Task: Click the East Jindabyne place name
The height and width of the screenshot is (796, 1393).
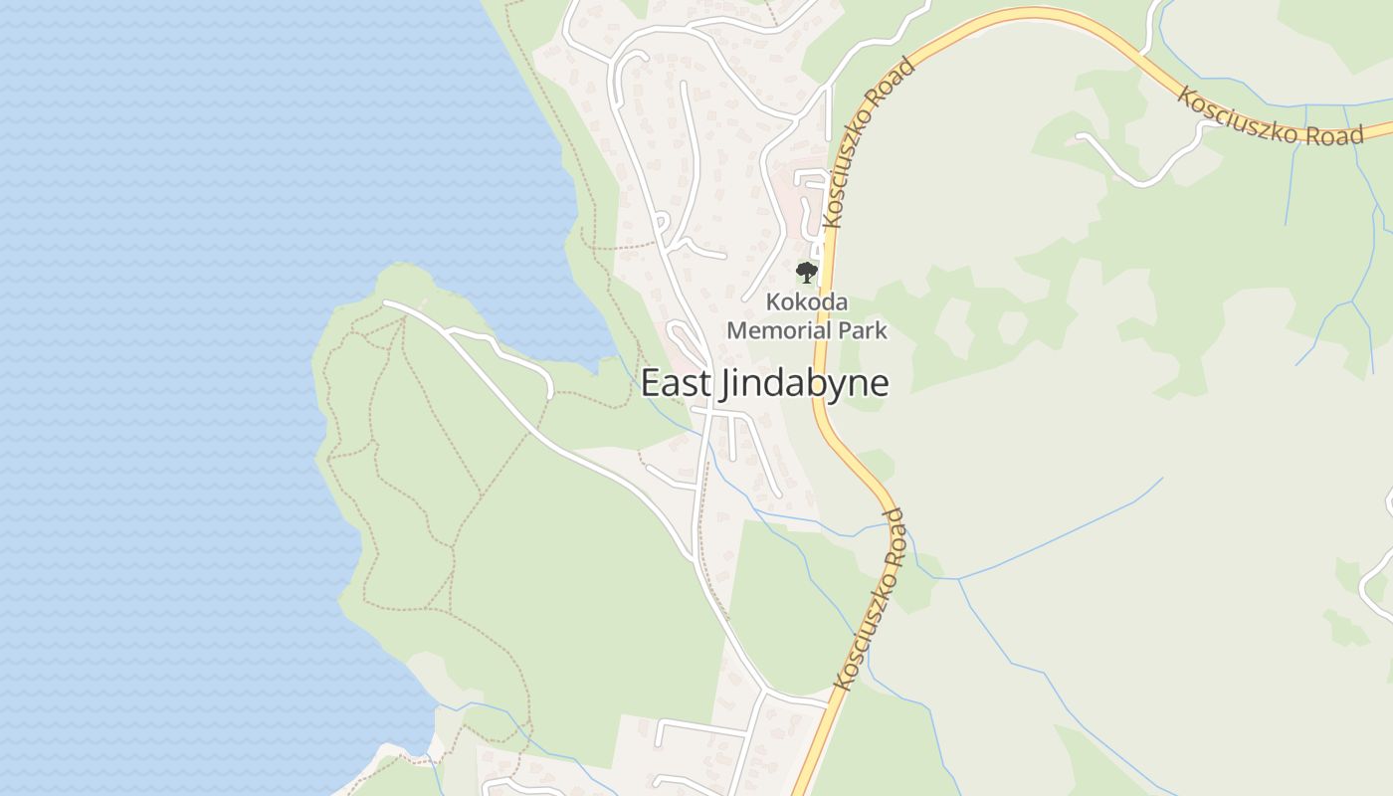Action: [x=764, y=383]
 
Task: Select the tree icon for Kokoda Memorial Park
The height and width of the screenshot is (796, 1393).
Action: [x=806, y=272]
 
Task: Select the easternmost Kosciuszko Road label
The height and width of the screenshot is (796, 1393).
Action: [x=1270, y=117]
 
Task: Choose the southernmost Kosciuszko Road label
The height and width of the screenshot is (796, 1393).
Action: [x=869, y=599]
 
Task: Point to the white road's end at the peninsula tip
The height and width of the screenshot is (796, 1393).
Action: [x=386, y=302]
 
